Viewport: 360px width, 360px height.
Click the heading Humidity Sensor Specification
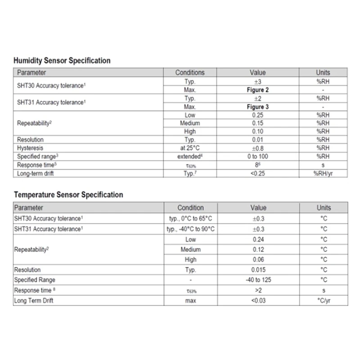point(62,60)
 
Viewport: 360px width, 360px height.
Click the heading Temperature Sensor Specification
point(68,195)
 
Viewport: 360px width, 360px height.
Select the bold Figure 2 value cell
point(257,90)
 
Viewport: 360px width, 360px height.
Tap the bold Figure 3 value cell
point(257,107)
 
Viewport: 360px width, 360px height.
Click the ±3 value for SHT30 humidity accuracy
point(257,81)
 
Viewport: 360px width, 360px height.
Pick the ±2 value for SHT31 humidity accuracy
point(257,99)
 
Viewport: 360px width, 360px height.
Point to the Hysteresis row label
point(29,148)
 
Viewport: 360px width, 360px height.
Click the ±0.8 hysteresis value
point(257,148)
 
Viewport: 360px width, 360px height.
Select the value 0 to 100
point(257,157)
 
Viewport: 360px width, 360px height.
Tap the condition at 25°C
point(190,148)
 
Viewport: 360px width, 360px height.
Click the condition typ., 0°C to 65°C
point(189,218)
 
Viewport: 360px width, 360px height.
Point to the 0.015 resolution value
point(258,270)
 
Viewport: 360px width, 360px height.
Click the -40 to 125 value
point(258,280)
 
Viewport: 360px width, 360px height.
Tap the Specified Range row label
point(35,280)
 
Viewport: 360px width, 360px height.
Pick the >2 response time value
point(258,290)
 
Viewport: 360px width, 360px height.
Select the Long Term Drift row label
point(34,301)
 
